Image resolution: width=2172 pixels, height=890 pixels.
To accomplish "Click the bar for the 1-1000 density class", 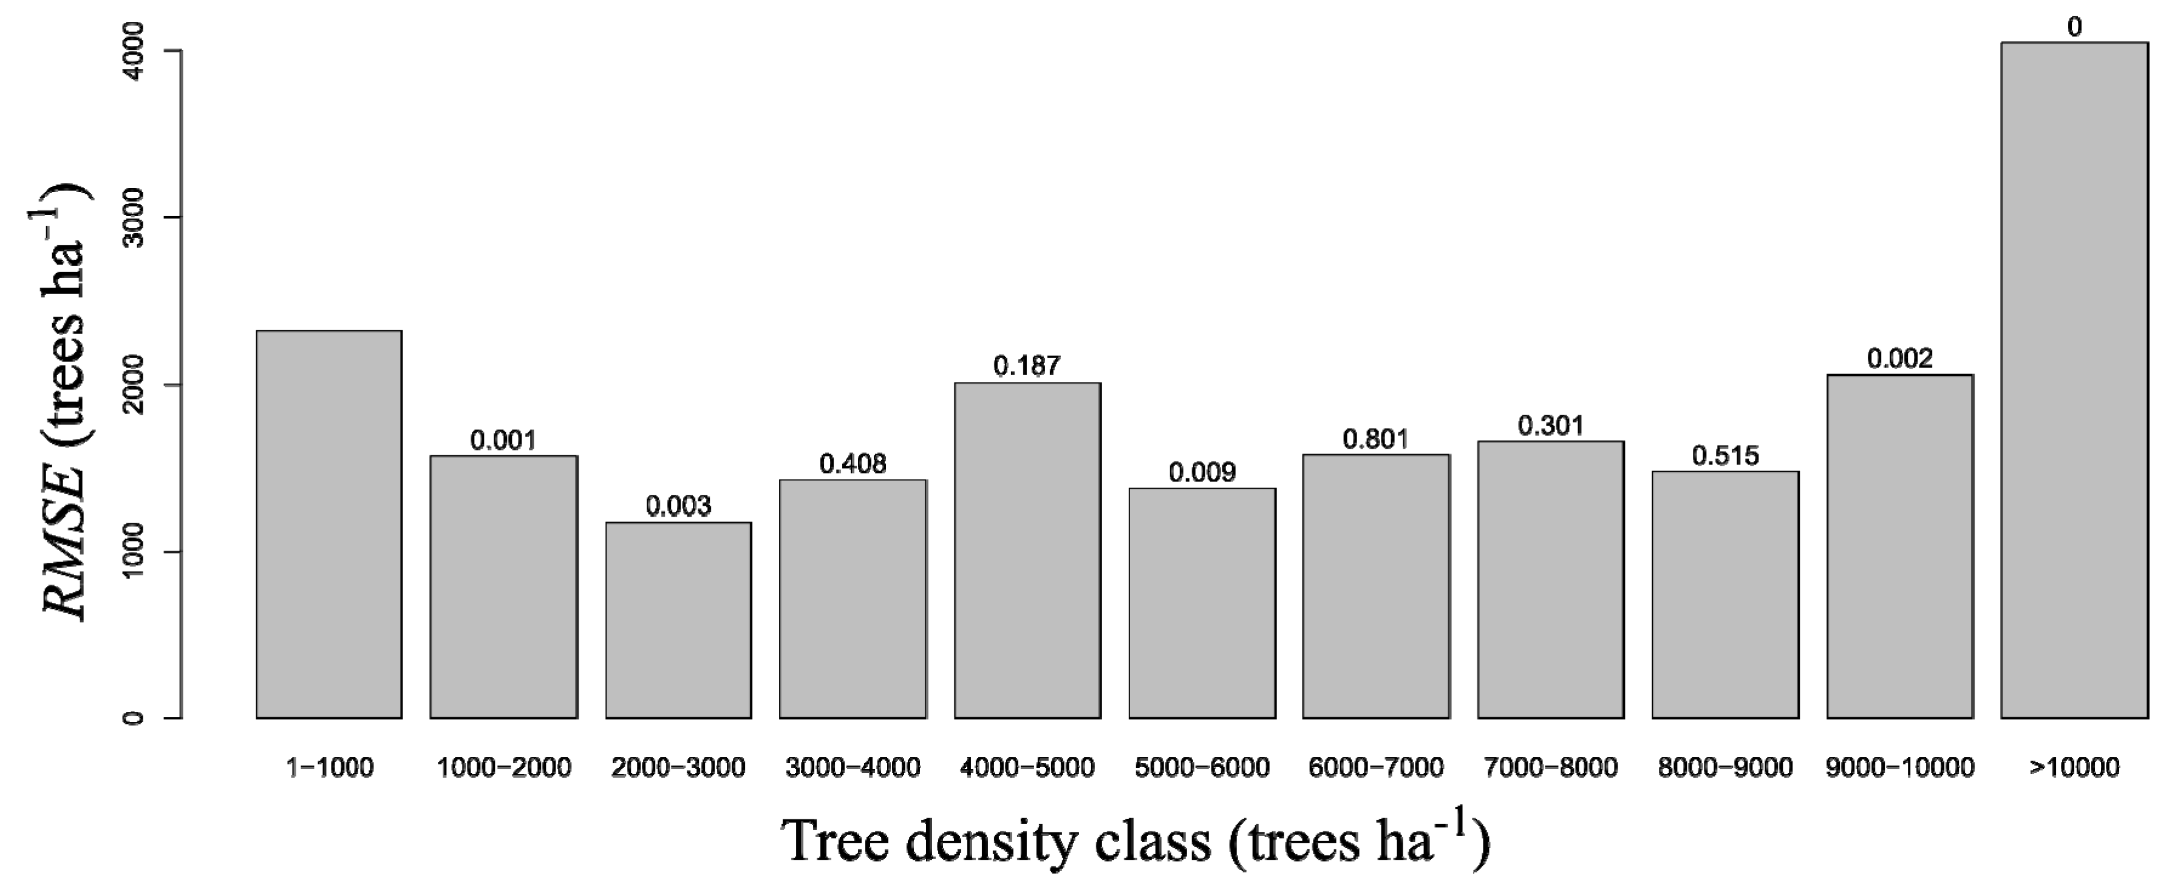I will tap(329, 524).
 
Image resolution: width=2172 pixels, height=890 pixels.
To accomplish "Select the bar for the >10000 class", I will tap(2074, 379).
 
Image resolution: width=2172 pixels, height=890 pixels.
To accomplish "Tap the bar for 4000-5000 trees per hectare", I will tap(1027, 549).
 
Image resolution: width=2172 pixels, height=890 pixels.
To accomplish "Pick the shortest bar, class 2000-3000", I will tap(678, 620).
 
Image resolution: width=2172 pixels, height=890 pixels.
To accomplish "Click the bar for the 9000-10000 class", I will tap(1899, 546).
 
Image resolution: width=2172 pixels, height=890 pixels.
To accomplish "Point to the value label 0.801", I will tap(1375, 439).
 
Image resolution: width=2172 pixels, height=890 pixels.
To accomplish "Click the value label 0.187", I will tap(1026, 366).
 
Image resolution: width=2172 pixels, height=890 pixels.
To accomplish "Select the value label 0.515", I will tap(1725, 456).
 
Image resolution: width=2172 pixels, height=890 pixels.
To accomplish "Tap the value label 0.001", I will tap(503, 440).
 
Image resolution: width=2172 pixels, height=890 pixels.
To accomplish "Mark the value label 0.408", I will tap(853, 464).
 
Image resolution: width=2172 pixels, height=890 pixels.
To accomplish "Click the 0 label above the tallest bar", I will tap(2074, 28).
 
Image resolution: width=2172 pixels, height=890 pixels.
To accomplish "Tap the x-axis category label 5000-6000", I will tap(1202, 768).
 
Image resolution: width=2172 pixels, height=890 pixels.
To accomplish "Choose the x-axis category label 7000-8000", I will tap(1551, 768).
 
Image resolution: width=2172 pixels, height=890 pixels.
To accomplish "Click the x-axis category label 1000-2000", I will tap(503, 768).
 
